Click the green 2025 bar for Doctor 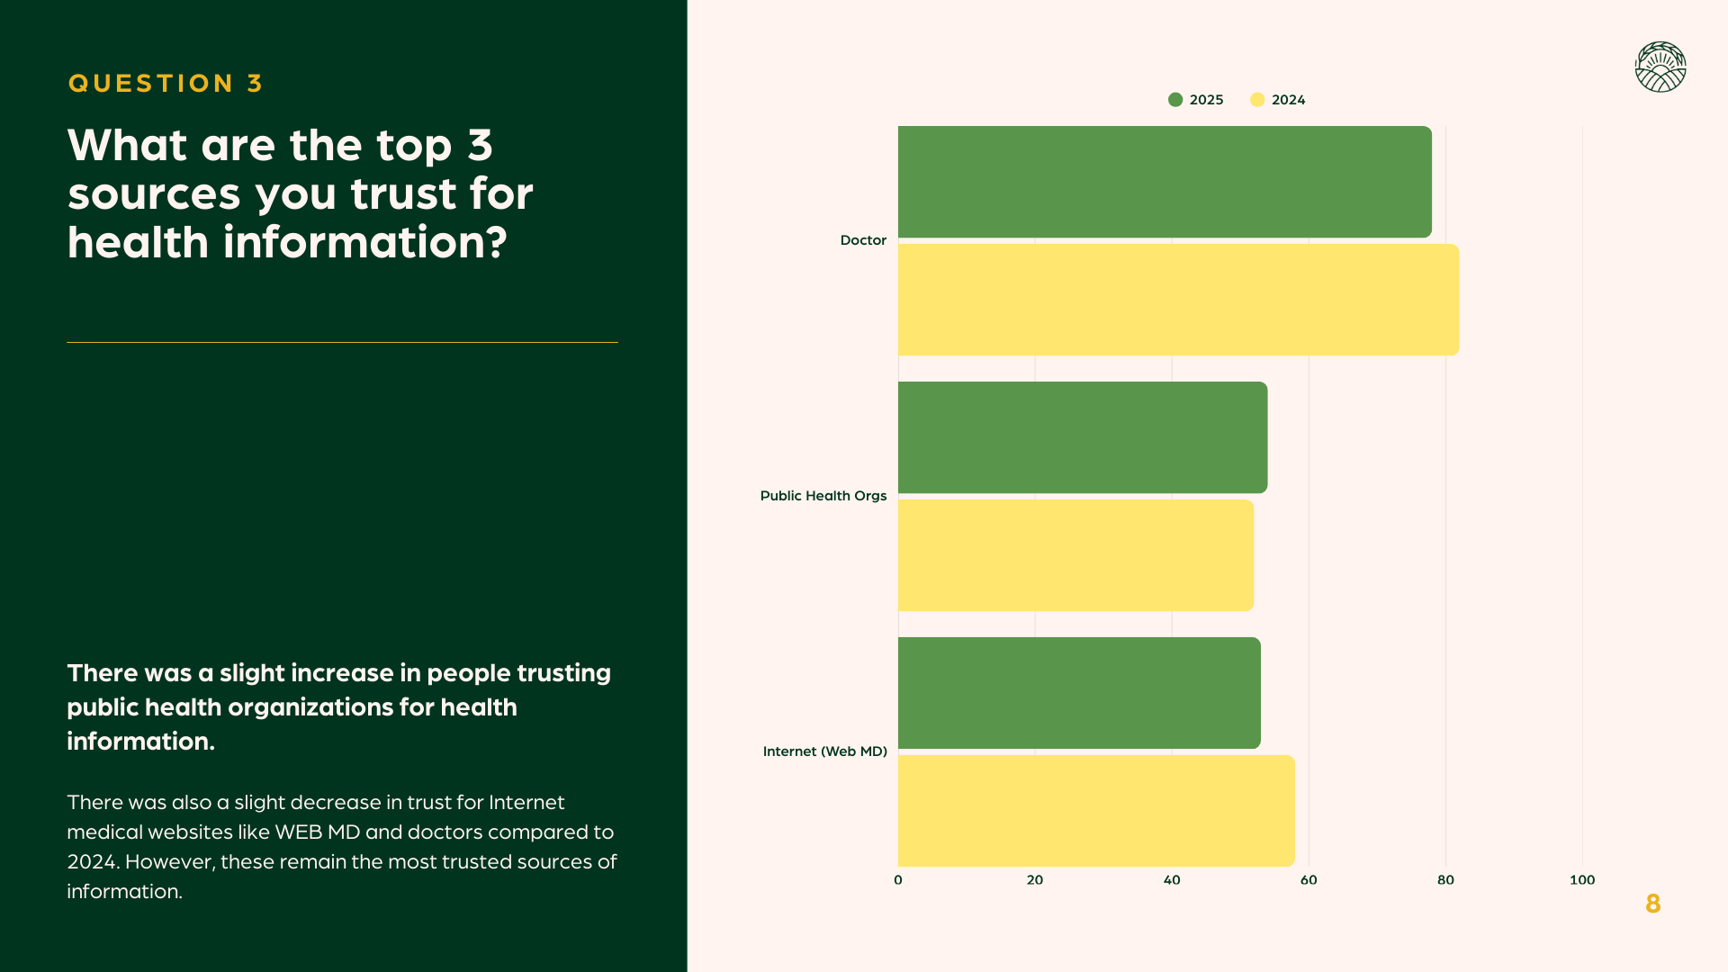tap(1165, 182)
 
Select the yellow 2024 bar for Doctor tap(1178, 300)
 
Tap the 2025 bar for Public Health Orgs tap(1083, 437)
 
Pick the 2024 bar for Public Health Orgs tap(1075, 555)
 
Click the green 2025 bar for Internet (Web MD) tap(1079, 693)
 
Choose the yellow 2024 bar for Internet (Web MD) tap(1096, 811)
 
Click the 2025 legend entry tap(1196, 100)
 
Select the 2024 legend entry tap(1278, 100)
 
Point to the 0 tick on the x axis tap(898, 880)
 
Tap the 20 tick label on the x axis tap(1035, 880)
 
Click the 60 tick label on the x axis tap(1309, 880)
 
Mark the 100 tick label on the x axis tap(1582, 880)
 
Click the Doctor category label tap(863, 240)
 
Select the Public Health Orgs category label tap(823, 496)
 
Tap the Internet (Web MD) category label tap(825, 751)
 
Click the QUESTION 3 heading tap(166, 84)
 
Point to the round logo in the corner tap(1660, 67)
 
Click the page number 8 tap(1652, 904)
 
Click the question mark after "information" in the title tap(498, 243)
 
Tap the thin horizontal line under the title tap(342, 342)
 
